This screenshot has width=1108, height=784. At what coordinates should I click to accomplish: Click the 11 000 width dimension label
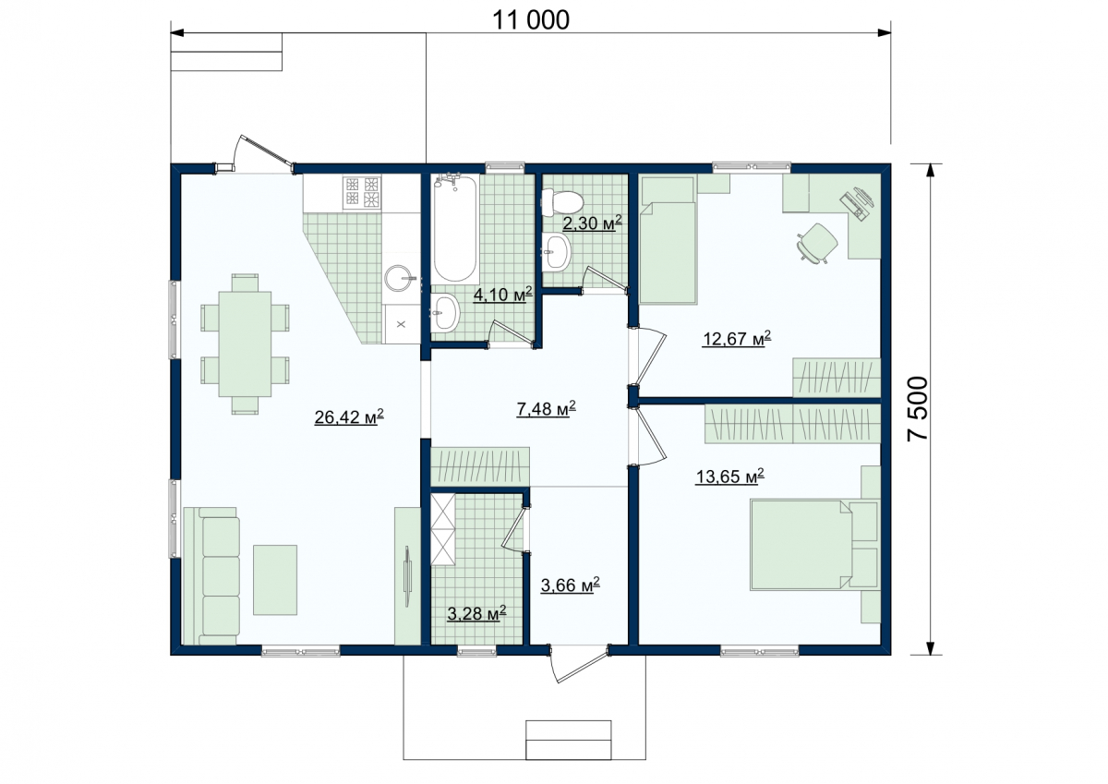tap(531, 20)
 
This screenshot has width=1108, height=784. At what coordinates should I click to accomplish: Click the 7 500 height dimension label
tap(918, 408)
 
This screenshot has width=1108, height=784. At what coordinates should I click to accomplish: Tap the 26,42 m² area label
tap(349, 416)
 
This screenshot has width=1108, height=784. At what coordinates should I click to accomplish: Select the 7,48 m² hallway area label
tap(546, 408)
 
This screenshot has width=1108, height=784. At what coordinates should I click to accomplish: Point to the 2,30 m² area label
tap(592, 223)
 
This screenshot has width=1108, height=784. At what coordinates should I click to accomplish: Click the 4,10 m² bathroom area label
tap(503, 295)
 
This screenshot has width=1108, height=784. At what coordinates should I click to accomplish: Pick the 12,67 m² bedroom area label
tap(737, 339)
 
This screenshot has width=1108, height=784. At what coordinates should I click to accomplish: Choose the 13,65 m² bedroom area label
tap(729, 476)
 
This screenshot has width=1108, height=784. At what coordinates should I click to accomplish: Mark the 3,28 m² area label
tap(476, 614)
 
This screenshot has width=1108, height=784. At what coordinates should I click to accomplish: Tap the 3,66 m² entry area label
tap(571, 585)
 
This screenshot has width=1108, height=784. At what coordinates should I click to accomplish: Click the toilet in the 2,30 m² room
tap(562, 202)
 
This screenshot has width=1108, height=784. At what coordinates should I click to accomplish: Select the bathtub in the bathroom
tap(455, 229)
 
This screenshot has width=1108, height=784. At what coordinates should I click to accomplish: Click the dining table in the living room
tap(245, 344)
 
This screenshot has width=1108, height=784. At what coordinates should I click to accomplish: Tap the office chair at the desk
tap(817, 242)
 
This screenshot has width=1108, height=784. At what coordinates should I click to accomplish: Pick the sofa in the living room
tap(211, 576)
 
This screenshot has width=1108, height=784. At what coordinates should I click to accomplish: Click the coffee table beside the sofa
tap(275, 580)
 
